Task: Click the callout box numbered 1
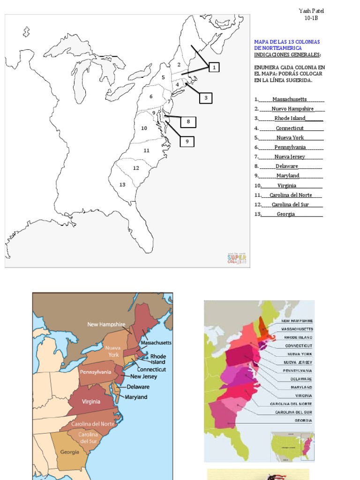tap(214, 67)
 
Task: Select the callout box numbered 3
tap(206, 98)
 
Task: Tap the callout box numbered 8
tap(188, 122)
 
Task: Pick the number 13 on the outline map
tap(122, 185)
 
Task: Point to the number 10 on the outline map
tap(144, 128)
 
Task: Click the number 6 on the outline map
tap(151, 97)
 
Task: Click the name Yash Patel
tap(311, 11)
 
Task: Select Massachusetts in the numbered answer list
tap(290, 99)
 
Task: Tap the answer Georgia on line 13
tap(286, 214)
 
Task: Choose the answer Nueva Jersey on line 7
tap(290, 157)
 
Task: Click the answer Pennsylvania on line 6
tap(290, 147)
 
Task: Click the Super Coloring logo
tap(237, 258)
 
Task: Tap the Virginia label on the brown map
tap(91, 401)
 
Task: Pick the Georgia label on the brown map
tap(69, 452)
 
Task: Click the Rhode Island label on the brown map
tap(158, 359)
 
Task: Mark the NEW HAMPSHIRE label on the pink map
tap(297, 321)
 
